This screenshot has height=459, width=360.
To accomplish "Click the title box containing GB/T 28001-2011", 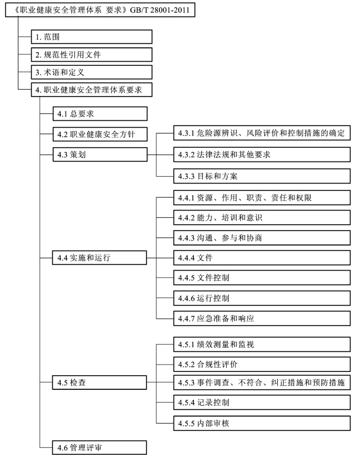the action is point(100,10).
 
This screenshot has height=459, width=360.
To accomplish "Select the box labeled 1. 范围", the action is point(92,37).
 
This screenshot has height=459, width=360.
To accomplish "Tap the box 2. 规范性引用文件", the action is point(92,54).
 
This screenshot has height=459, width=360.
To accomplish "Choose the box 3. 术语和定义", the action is point(92,72).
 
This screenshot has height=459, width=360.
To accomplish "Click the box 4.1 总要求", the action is point(100,113).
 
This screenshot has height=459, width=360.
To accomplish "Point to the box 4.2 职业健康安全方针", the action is point(100,134).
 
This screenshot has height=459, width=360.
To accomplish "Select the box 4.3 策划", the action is point(100,154).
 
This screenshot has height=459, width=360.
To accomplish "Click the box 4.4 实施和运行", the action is point(100,257).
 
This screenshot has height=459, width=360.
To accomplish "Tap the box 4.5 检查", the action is point(100,383).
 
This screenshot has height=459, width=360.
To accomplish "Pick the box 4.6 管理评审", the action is point(100,447).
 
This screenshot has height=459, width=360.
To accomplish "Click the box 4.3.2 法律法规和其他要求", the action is point(262,155).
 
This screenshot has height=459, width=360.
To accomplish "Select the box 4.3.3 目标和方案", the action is point(262,176).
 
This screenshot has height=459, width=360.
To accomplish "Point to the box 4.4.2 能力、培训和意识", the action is point(262,218).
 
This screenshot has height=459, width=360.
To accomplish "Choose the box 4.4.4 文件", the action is point(262,258).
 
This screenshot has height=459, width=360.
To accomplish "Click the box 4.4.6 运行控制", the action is point(262,298).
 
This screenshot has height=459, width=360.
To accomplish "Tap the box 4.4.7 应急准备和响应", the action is point(262,319).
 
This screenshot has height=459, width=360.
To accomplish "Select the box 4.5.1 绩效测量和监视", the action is point(262,344).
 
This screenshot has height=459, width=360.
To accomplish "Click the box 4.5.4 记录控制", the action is point(262,403).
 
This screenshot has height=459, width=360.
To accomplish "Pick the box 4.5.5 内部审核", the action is point(262,423).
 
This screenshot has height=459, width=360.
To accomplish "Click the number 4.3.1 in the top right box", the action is point(186,133).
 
